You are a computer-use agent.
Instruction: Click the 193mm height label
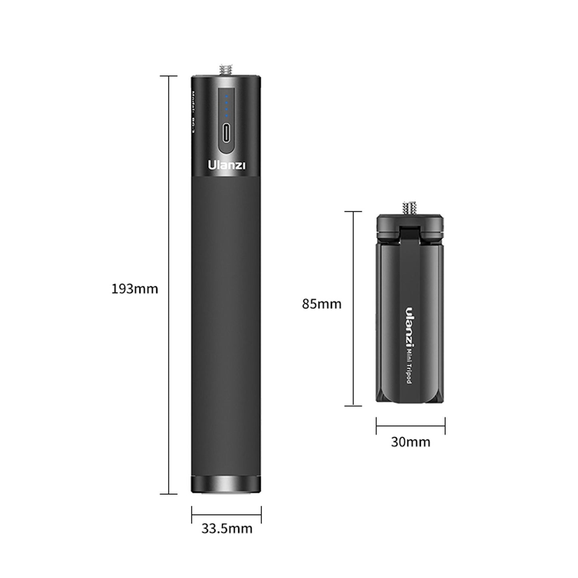point(134,289)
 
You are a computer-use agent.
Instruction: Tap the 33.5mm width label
point(226,529)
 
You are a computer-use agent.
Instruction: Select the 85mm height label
point(322,304)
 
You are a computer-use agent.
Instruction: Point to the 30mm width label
point(410,442)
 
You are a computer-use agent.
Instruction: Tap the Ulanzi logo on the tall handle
point(226,165)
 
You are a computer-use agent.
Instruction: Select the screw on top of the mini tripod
point(410,207)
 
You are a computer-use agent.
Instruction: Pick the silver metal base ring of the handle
point(226,484)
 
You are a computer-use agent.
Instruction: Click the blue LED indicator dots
point(226,106)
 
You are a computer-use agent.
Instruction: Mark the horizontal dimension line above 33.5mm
point(226,514)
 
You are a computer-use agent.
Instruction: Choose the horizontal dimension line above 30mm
point(410,426)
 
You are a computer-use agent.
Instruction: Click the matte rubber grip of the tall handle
point(226,320)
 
